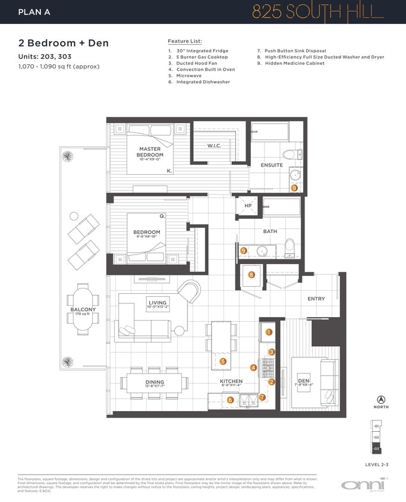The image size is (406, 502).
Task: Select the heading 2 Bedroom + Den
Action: (x=63, y=43)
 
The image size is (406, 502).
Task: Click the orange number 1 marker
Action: (x=269, y=332)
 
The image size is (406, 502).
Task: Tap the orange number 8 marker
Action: (x=251, y=275)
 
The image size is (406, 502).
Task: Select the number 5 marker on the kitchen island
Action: (x=223, y=361)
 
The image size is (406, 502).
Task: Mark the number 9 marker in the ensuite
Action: (x=294, y=188)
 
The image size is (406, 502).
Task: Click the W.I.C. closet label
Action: (x=214, y=146)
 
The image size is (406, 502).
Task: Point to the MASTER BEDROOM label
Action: (x=150, y=152)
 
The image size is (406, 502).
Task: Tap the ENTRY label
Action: (x=316, y=299)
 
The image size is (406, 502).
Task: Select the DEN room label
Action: (x=303, y=381)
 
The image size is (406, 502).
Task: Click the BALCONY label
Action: (x=79, y=309)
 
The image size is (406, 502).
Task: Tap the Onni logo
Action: (x=364, y=484)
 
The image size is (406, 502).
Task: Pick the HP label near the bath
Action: (x=248, y=206)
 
